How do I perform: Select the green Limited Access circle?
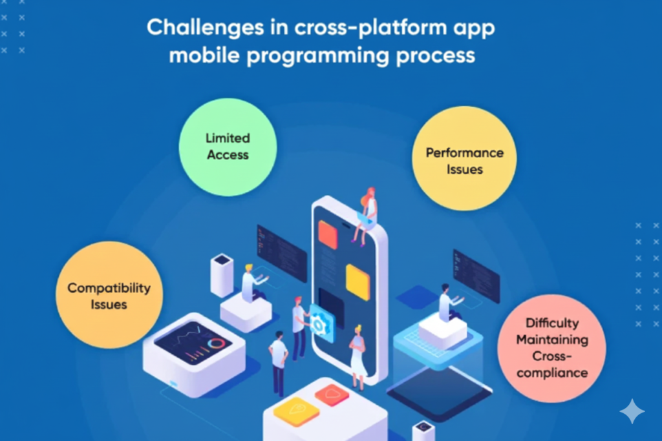click(x=228, y=147)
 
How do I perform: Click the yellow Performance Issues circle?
click(x=464, y=159)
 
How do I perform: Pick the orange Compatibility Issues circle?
click(x=109, y=294)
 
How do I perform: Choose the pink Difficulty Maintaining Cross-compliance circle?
click(x=552, y=348)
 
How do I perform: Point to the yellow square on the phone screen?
click(x=358, y=282)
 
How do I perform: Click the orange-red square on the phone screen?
click(x=328, y=234)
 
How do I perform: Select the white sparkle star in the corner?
click(x=632, y=411)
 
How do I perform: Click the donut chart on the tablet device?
click(x=216, y=344)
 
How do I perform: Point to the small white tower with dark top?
click(x=222, y=275)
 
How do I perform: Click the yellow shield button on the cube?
click(x=296, y=411)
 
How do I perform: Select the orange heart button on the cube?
click(x=332, y=395)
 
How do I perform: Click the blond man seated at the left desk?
click(x=253, y=283)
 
